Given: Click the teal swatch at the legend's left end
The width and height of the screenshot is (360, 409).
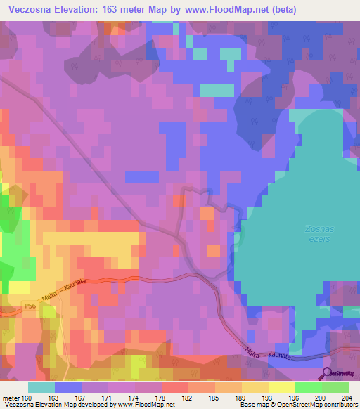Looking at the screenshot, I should [41, 387].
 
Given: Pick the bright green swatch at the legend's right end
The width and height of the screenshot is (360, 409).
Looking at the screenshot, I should [335, 387].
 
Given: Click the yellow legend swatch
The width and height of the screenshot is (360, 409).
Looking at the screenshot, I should [282, 387].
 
